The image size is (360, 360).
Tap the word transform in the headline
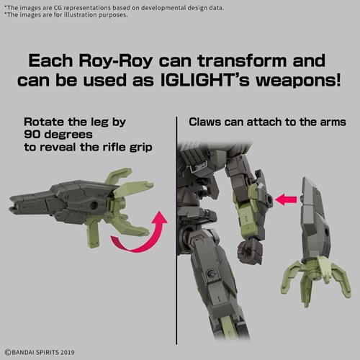[x=243, y=60]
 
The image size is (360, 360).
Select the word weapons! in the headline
[x=298, y=81]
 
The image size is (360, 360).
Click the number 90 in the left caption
[x=32, y=135]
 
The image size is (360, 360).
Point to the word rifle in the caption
[x=114, y=147]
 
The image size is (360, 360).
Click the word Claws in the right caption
[x=204, y=122]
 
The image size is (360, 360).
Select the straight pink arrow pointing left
[x=286, y=199]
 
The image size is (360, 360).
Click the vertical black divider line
[x=176, y=230]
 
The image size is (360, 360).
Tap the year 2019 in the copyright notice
[x=68, y=352]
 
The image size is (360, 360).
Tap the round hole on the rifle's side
[x=94, y=205]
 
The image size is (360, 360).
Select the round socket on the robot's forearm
[x=269, y=199]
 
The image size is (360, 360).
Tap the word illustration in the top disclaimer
[x=78, y=15]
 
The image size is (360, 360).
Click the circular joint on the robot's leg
[x=211, y=274]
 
